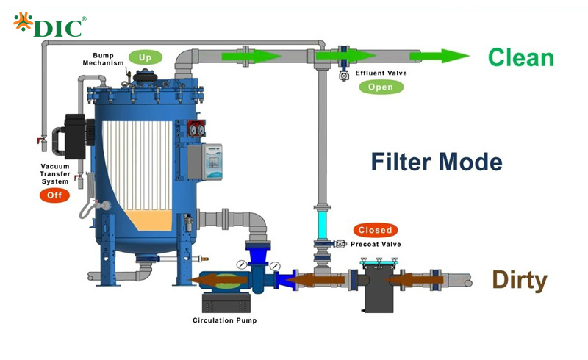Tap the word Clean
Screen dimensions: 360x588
tap(520, 57)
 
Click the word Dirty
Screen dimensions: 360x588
tap(520, 280)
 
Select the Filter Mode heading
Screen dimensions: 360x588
tap(437, 162)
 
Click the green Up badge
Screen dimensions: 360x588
tap(145, 57)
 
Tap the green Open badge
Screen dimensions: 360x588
tap(381, 87)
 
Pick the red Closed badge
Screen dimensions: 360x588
tap(375, 230)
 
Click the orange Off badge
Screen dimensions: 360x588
tap(54, 195)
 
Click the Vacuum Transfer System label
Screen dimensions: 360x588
tap(54, 174)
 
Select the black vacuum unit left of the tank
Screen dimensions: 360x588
tap(76, 136)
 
